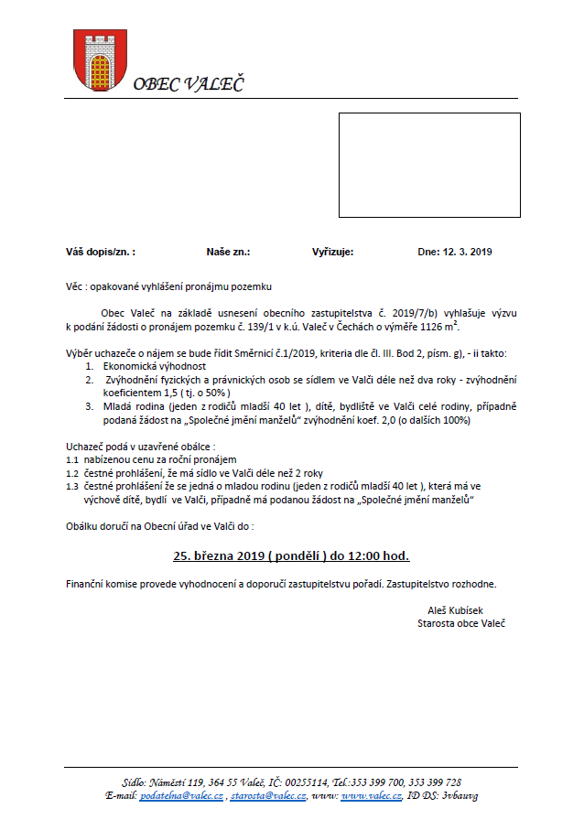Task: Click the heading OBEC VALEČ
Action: (x=189, y=86)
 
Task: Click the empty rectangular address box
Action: (x=429, y=165)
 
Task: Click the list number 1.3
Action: (x=72, y=487)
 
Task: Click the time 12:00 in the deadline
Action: (x=363, y=555)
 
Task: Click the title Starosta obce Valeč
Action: (x=460, y=624)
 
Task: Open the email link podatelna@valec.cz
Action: (x=181, y=797)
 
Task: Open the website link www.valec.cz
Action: (x=372, y=797)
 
